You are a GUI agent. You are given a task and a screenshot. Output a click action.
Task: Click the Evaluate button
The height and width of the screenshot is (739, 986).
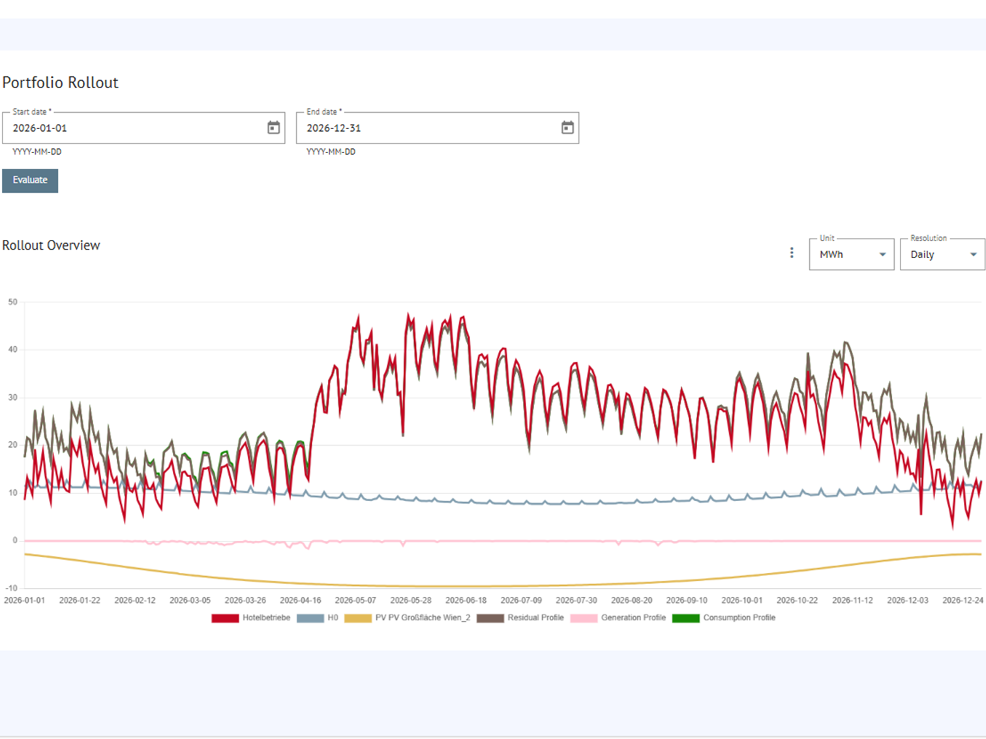click(30, 181)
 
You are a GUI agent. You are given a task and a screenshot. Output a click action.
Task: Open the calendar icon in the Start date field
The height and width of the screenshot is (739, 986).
click(274, 128)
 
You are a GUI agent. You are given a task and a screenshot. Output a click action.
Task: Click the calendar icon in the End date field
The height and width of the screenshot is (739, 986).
click(567, 128)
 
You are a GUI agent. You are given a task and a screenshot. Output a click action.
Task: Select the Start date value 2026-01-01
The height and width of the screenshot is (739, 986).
click(40, 128)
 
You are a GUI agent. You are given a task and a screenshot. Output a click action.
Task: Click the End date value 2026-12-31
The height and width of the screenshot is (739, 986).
click(334, 128)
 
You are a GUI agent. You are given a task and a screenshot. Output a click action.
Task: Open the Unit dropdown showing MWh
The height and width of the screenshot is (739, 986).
click(851, 254)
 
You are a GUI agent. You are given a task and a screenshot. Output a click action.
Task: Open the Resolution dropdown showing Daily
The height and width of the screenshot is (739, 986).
click(942, 254)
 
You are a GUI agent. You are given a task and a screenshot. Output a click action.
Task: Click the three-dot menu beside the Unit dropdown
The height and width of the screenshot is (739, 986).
click(792, 253)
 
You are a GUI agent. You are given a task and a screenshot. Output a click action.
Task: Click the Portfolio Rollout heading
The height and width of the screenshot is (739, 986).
click(60, 83)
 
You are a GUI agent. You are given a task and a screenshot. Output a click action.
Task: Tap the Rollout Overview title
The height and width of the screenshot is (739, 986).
click(51, 246)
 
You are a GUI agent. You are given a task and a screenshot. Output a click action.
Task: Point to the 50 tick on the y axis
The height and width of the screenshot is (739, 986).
click(13, 302)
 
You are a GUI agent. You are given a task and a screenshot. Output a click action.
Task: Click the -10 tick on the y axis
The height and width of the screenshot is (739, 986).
click(11, 588)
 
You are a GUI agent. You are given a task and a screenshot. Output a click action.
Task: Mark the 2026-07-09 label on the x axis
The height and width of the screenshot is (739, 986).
click(521, 600)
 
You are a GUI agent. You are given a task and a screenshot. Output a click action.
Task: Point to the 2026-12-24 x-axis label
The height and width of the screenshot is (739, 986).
click(963, 600)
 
